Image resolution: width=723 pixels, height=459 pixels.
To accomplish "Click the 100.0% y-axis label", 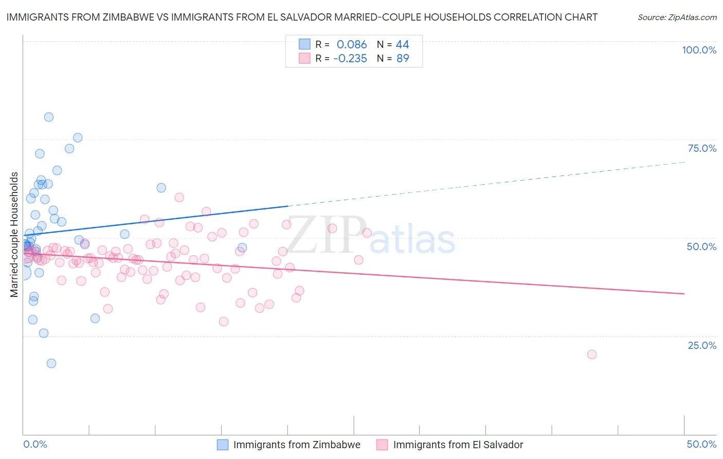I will click(699, 50).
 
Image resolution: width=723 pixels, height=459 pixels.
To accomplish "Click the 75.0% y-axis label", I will click(702, 148).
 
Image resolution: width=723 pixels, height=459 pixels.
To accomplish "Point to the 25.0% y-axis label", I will click(702, 345).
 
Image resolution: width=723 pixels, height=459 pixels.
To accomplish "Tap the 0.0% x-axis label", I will click(35, 444).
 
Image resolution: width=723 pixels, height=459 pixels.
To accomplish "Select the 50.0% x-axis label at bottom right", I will click(701, 444).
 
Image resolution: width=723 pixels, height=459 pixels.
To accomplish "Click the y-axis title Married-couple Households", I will click(14, 235).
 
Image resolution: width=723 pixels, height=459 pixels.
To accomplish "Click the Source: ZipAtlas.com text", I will click(677, 17).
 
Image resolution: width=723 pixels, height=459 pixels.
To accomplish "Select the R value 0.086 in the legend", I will click(352, 44).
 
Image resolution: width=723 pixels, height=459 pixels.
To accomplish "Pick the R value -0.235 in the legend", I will click(350, 58).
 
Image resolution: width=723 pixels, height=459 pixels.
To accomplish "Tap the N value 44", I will click(402, 44).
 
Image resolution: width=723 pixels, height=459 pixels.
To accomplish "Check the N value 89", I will click(403, 58).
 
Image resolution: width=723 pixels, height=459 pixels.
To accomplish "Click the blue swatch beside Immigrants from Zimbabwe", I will click(223, 445).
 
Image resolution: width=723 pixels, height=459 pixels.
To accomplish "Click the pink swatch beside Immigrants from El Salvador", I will click(382, 445).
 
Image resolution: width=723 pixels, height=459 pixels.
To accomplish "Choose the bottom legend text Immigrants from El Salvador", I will click(458, 445).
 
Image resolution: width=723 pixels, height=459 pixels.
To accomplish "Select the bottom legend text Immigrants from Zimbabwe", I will click(297, 445).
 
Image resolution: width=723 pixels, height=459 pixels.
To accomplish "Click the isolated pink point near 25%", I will click(592, 354).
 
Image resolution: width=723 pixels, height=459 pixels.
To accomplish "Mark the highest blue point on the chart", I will click(49, 117).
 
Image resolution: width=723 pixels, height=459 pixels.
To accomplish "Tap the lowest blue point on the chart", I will click(51, 363).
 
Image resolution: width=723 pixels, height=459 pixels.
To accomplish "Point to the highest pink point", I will click(179, 197).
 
